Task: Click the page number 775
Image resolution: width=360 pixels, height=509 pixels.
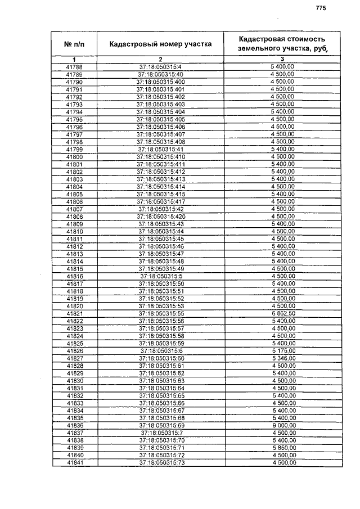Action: (x=321, y=8)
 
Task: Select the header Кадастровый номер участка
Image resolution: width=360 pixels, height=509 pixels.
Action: (x=160, y=43)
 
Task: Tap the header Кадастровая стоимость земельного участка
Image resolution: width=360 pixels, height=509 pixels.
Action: (x=282, y=43)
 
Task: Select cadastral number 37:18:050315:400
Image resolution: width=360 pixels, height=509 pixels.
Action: (x=160, y=82)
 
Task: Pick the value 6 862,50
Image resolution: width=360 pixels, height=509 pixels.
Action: (x=282, y=313)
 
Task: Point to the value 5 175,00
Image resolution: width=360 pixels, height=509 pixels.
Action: (x=282, y=350)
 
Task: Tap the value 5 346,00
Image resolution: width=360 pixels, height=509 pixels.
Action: (x=282, y=358)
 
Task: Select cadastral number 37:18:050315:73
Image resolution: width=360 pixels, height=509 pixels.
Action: (x=161, y=462)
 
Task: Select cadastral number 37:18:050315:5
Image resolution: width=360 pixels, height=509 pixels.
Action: (x=161, y=276)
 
